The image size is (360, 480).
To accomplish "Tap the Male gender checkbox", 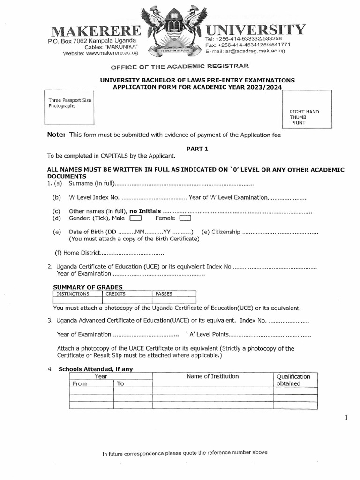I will point(135,218).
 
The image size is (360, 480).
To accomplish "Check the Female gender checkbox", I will point(185,218).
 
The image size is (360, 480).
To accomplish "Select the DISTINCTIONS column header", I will point(72,294).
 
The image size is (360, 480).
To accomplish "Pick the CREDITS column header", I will point(115,294).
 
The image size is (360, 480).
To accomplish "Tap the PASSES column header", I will point(164,294).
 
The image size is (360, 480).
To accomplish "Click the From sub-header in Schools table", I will point(80,383).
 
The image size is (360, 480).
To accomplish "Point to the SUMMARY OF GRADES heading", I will point(88,287).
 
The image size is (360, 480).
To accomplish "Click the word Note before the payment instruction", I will point(56,135).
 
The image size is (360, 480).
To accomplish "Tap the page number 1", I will point(346,418).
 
